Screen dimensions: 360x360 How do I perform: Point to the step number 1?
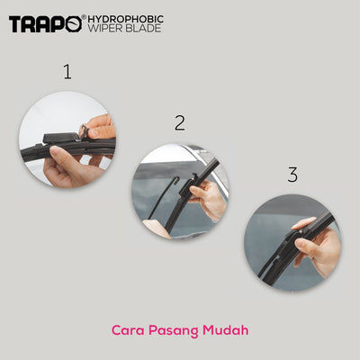67,72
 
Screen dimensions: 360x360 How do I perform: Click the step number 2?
180,123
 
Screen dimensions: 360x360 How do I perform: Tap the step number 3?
292,175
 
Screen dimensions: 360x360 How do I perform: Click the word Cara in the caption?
128,330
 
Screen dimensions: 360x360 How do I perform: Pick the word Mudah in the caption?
224,330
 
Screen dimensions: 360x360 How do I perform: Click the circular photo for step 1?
67,140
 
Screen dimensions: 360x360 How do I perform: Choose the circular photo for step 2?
180,192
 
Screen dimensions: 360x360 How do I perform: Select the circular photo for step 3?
292,242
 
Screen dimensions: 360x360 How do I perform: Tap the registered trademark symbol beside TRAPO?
83,17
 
